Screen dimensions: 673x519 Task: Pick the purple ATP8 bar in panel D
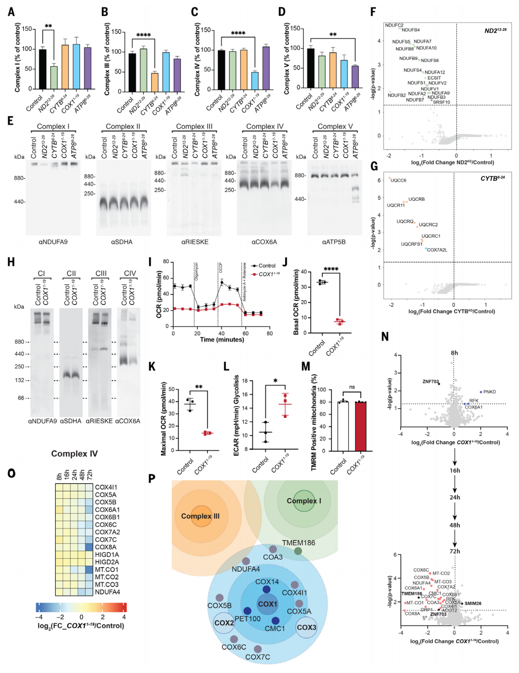(x=355, y=77)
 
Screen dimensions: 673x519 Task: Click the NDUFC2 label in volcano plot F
(x=394, y=25)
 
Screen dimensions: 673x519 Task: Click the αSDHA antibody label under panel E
(x=122, y=242)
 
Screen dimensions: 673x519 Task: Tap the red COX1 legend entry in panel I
(x=269, y=274)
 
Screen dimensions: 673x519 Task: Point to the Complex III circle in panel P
(x=200, y=516)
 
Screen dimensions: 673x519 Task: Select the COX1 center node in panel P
(x=268, y=604)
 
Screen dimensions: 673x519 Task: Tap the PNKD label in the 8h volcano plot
(x=489, y=392)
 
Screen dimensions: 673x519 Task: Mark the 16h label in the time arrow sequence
(x=454, y=470)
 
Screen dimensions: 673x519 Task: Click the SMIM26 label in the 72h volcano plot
(x=473, y=603)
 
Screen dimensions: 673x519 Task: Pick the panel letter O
(x=12, y=473)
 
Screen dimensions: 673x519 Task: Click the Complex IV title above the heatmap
(x=74, y=454)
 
